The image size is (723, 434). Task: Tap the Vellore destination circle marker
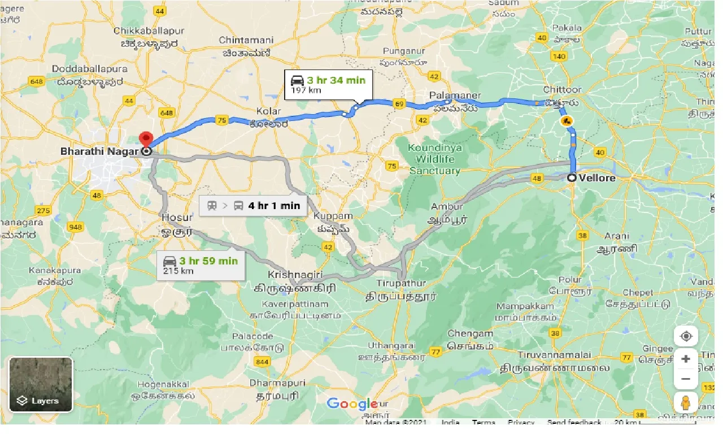(572, 177)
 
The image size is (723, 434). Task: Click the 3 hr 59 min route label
(201, 265)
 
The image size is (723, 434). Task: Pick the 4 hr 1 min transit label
(253, 205)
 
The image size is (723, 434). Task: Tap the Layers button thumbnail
(41, 384)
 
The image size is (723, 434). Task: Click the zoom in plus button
(686, 358)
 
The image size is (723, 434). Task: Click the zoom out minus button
(686, 379)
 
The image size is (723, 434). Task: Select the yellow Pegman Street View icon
(686, 402)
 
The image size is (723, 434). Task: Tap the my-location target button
(686, 336)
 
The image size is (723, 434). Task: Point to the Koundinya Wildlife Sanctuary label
(435, 159)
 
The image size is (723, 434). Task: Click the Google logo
(352, 403)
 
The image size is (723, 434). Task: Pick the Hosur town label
(177, 217)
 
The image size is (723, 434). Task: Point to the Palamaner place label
(455, 96)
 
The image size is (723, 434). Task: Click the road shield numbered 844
(262, 362)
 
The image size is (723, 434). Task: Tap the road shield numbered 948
(75, 227)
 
